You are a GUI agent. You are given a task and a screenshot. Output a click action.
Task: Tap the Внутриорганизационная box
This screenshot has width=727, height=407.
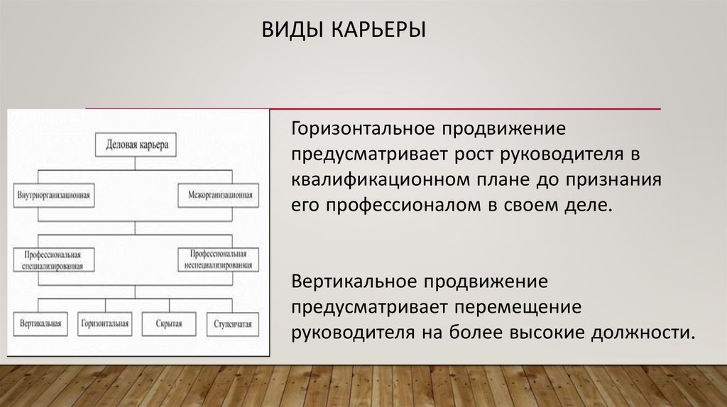pyautogui.click(x=55, y=194)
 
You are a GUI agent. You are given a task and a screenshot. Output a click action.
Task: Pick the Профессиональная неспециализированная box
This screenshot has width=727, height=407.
pyautogui.click(x=218, y=260)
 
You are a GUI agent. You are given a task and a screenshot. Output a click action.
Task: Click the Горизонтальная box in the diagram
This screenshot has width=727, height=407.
pyautogui.click(x=105, y=323)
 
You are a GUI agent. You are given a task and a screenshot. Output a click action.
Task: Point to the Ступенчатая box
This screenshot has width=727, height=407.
pyautogui.click(x=232, y=323)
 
